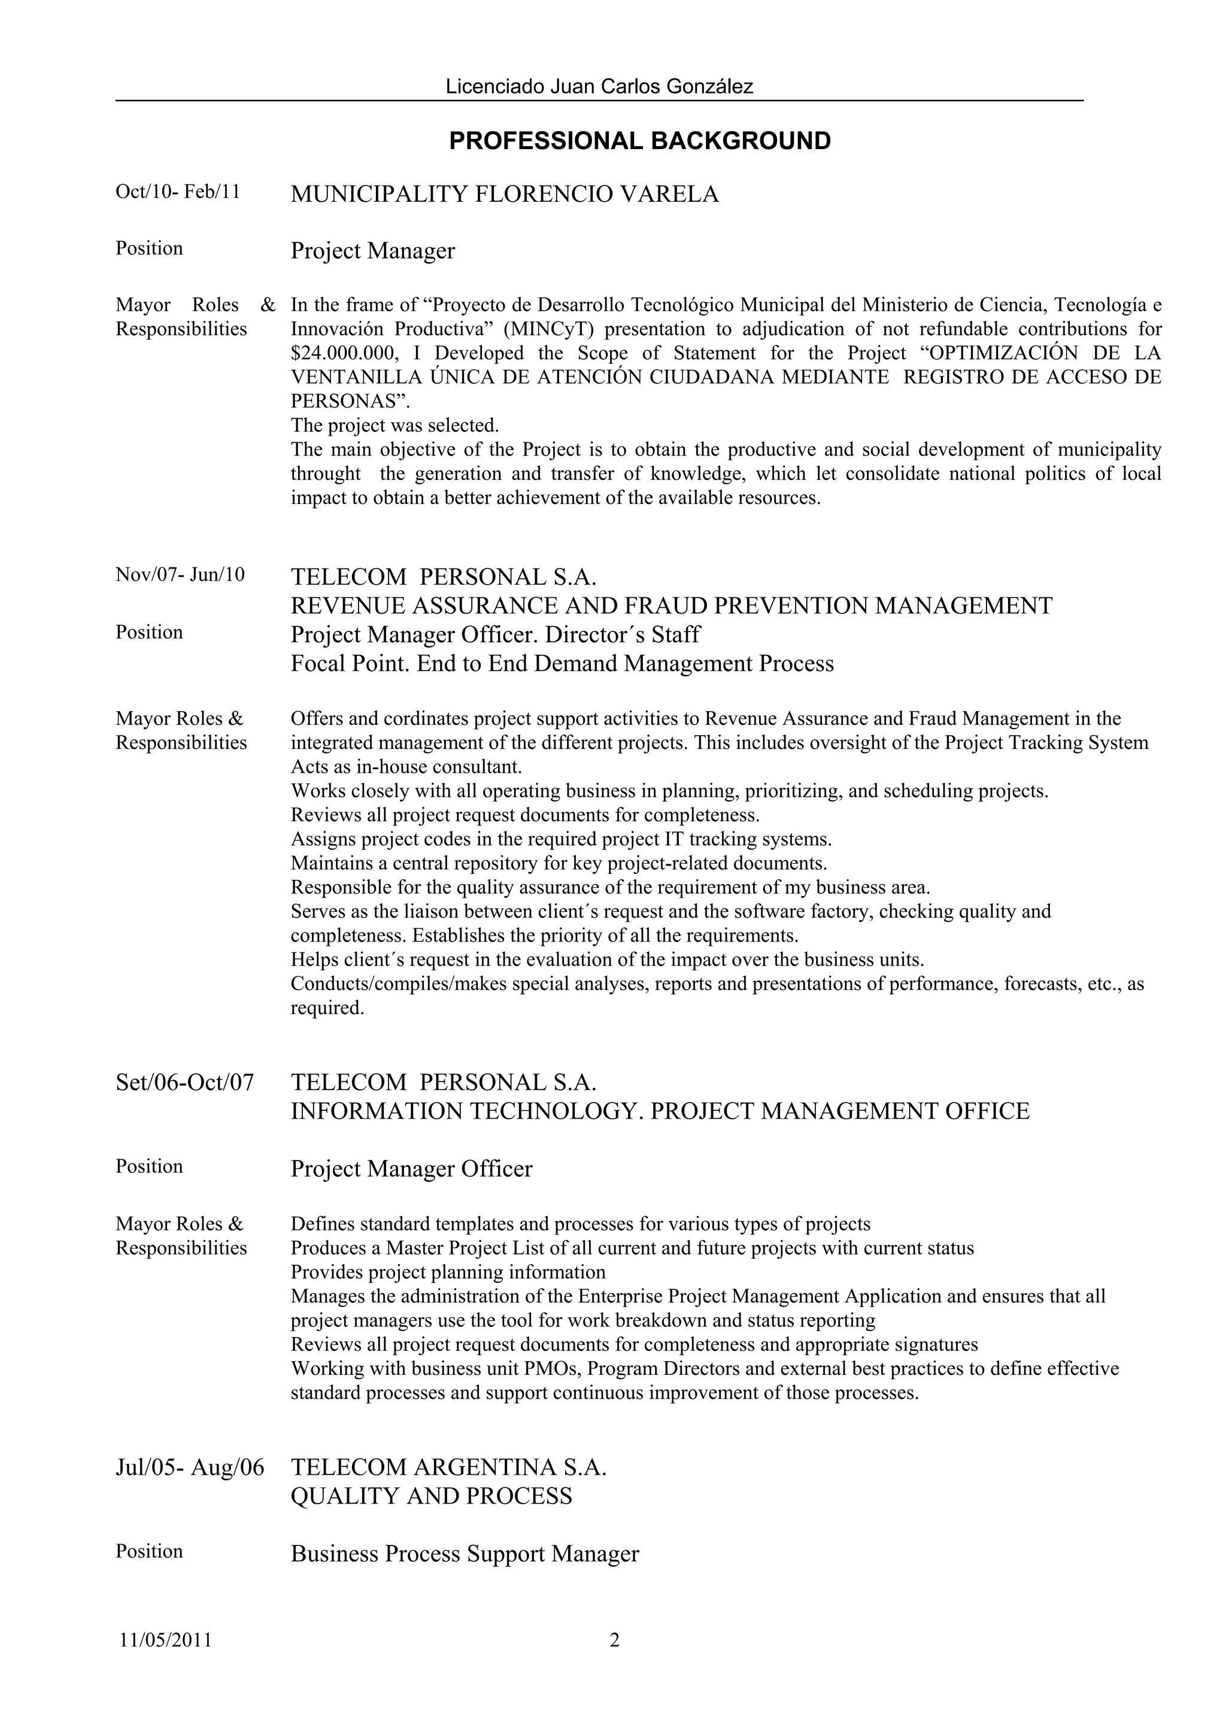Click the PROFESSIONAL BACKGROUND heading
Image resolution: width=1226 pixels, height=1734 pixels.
pyautogui.click(x=639, y=141)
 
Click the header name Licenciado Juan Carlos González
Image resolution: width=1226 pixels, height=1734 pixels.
pyautogui.click(x=599, y=87)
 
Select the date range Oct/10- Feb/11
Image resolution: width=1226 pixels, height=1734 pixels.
pyautogui.click(x=178, y=192)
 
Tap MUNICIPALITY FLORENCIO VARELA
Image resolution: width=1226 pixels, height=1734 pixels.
pyautogui.click(x=504, y=195)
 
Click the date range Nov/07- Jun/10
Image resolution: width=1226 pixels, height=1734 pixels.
pyautogui.click(x=180, y=575)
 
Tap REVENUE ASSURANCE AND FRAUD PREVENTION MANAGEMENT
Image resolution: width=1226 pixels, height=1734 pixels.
pyautogui.click(x=671, y=606)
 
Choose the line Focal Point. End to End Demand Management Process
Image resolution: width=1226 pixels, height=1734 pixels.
pyautogui.click(x=562, y=664)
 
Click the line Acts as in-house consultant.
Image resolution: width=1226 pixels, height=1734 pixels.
pyautogui.click(x=406, y=767)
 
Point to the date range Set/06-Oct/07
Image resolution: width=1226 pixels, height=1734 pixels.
pyautogui.click(x=184, y=1082)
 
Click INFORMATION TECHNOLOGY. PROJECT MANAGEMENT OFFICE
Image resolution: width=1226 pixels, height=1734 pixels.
pyautogui.click(x=660, y=1112)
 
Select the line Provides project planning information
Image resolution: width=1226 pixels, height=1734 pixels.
pyautogui.click(x=447, y=1273)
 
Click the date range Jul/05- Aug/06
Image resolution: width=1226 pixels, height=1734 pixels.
pyautogui.click(x=190, y=1468)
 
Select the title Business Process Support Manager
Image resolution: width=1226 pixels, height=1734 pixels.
pyautogui.click(x=465, y=1554)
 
